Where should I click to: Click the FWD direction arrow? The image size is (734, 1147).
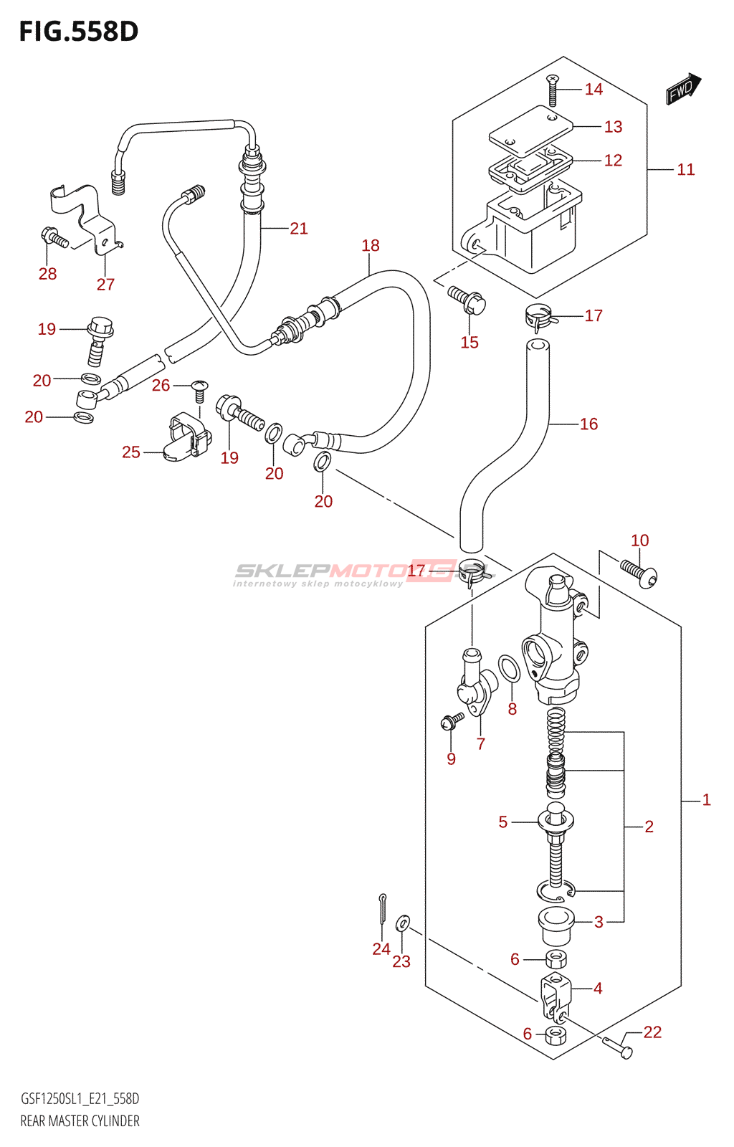pyautogui.click(x=682, y=88)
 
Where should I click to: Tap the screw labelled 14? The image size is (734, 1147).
pyautogui.click(x=552, y=90)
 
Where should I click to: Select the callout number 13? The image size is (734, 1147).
pyautogui.click(x=613, y=127)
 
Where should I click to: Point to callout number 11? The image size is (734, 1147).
pyautogui.click(x=686, y=170)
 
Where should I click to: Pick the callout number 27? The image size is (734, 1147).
pyautogui.click(x=105, y=285)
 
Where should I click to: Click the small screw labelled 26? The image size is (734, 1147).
pyautogui.click(x=200, y=390)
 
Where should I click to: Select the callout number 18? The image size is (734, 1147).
pyautogui.click(x=371, y=246)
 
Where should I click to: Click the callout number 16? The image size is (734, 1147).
pyautogui.click(x=588, y=424)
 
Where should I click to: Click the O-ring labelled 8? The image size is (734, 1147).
pyautogui.click(x=509, y=668)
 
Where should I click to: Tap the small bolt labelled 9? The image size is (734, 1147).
pyautogui.click(x=452, y=720)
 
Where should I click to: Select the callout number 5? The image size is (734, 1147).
pyautogui.click(x=503, y=822)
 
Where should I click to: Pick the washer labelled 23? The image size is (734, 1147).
pyautogui.click(x=403, y=922)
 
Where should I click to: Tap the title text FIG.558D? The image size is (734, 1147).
pyautogui.click(x=79, y=32)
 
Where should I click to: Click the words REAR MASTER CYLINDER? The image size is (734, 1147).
pyautogui.click(x=80, y=1121)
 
